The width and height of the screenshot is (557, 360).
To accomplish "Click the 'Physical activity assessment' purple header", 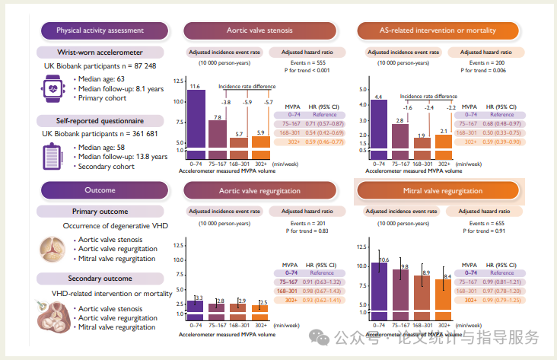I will click(x=105, y=30).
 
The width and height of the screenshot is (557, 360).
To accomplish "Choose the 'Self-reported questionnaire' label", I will click(x=102, y=120).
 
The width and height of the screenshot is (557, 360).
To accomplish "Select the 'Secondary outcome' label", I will click(x=102, y=279).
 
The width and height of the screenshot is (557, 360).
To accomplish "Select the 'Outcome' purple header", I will click(x=105, y=190).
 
